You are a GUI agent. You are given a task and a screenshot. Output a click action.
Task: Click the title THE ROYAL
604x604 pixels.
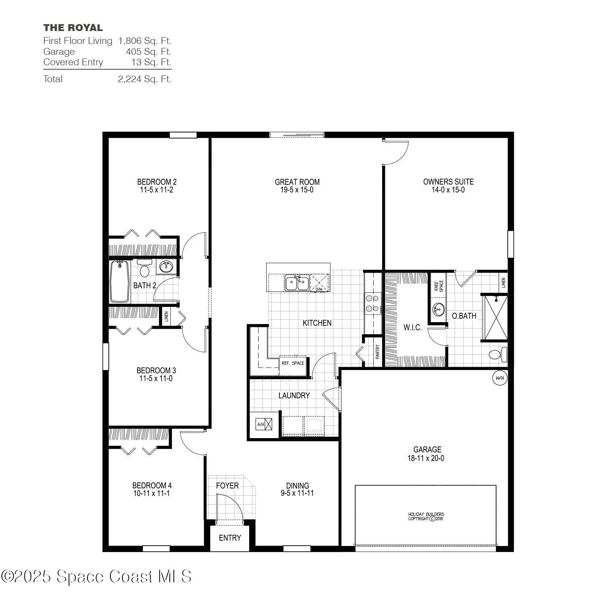[73, 28]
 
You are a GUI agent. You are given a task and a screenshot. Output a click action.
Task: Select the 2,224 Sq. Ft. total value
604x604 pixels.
[144, 79]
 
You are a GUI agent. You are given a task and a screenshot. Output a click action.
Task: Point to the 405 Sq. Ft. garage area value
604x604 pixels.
[148, 52]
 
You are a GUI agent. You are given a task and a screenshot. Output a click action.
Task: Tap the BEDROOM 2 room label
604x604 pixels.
[157, 182]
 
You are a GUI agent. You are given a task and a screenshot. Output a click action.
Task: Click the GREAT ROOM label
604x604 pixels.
[297, 182]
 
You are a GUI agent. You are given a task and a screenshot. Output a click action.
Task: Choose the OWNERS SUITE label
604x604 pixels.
[448, 182]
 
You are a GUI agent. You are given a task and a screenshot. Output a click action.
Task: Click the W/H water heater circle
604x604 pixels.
[499, 378]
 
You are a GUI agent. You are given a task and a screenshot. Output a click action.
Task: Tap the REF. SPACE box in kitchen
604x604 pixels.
[293, 364]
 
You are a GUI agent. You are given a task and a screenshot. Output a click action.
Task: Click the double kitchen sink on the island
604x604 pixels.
[297, 283]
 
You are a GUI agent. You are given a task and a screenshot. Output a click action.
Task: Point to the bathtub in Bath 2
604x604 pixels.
[120, 281]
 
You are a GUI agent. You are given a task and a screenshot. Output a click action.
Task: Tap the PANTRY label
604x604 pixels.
[378, 352]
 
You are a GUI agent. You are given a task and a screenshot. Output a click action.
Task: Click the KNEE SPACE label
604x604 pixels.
[438, 286]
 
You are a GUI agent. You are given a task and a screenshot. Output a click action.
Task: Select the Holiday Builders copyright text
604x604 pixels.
[426, 516]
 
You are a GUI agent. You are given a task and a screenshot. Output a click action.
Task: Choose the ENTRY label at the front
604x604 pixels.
[230, 538]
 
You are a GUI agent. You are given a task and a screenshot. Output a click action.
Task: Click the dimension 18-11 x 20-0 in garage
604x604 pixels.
[427, 458]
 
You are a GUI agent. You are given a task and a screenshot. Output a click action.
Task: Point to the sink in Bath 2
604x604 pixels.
[166, 266]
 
